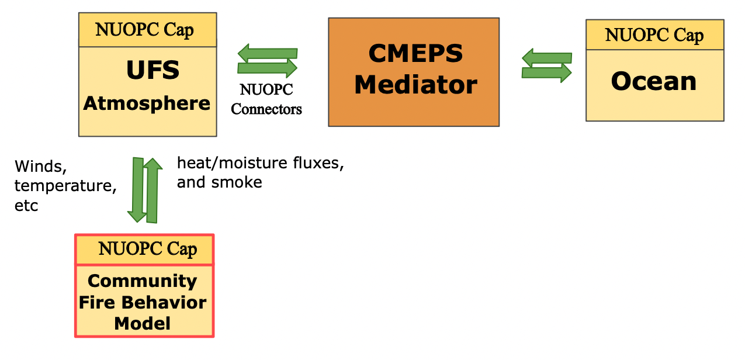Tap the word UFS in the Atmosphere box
[153, 71]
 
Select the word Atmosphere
[147, 103]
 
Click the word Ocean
[654, 81]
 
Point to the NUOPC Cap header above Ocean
[654, 35]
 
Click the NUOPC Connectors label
[266, 99]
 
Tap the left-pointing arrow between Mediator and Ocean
[546, 57]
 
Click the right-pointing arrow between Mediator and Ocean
[546, 72]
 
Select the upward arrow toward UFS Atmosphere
[153, 191]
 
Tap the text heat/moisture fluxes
[260, 163]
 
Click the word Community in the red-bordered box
[142, 281]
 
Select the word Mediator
[415, 85]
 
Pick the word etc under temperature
[26, 206]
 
